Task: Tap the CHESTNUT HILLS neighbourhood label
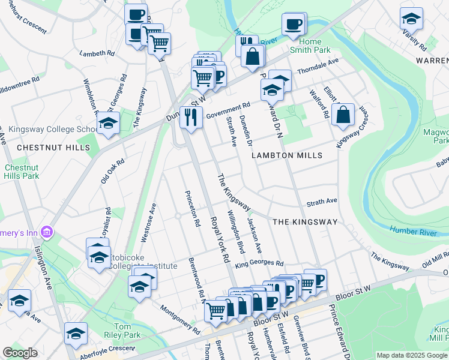pyautogui.click(x=45, y=147)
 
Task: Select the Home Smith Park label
pyautogui.click(x=315, y=46)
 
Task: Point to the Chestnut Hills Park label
pyautogui.click(x=22, y=172)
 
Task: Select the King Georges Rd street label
pyautogui.click(x=259, y=263)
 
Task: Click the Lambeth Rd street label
pyautogui.click(x=97, y=53)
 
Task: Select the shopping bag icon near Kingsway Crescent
pyautogui.click(x=342, y=116)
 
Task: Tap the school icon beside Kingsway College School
pyautogui.click(x=108, y=124)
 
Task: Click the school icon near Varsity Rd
pyautogui.click(x=411, y=19)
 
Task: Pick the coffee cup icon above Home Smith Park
pyautogui.click(x=294, y=24)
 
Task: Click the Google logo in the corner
pyautogui.click(x=20, y=353)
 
